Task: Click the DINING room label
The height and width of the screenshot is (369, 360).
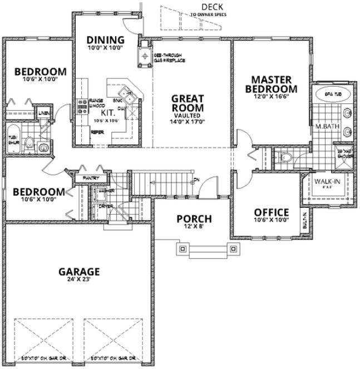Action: pyautogui.click(x=105, y=39)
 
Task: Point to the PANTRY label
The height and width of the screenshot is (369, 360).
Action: pyautogui.click(x=90, y=178)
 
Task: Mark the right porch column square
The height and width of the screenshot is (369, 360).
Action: pyautogui.click(x=232, y=248)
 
